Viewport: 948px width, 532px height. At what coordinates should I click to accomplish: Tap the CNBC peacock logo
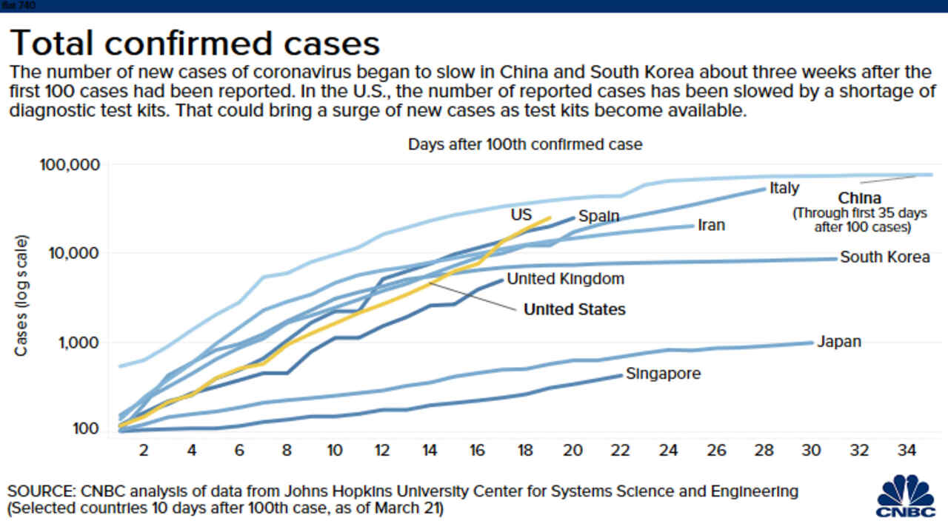point(905,496)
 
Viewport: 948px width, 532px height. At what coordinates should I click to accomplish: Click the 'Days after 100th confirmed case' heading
point(525,144)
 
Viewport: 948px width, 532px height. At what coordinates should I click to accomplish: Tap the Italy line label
point(784,188)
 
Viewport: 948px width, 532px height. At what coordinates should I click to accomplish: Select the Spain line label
point(598,216)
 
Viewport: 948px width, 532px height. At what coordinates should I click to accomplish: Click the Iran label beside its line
point(711,224)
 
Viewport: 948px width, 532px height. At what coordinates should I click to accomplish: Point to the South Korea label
point(884,257)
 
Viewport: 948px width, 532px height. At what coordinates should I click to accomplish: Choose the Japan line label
point(839,342)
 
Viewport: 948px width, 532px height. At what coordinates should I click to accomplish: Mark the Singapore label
point(663,374)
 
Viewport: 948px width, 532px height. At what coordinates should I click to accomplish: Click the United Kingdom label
point(565,279)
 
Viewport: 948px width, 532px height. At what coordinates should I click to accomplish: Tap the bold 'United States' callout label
point(574,309)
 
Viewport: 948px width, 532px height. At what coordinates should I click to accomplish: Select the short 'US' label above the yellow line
point(521,215)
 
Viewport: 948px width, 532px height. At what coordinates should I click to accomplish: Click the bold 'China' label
point(859,198)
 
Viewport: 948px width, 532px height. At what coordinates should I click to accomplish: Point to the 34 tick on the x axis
point(907,449)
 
